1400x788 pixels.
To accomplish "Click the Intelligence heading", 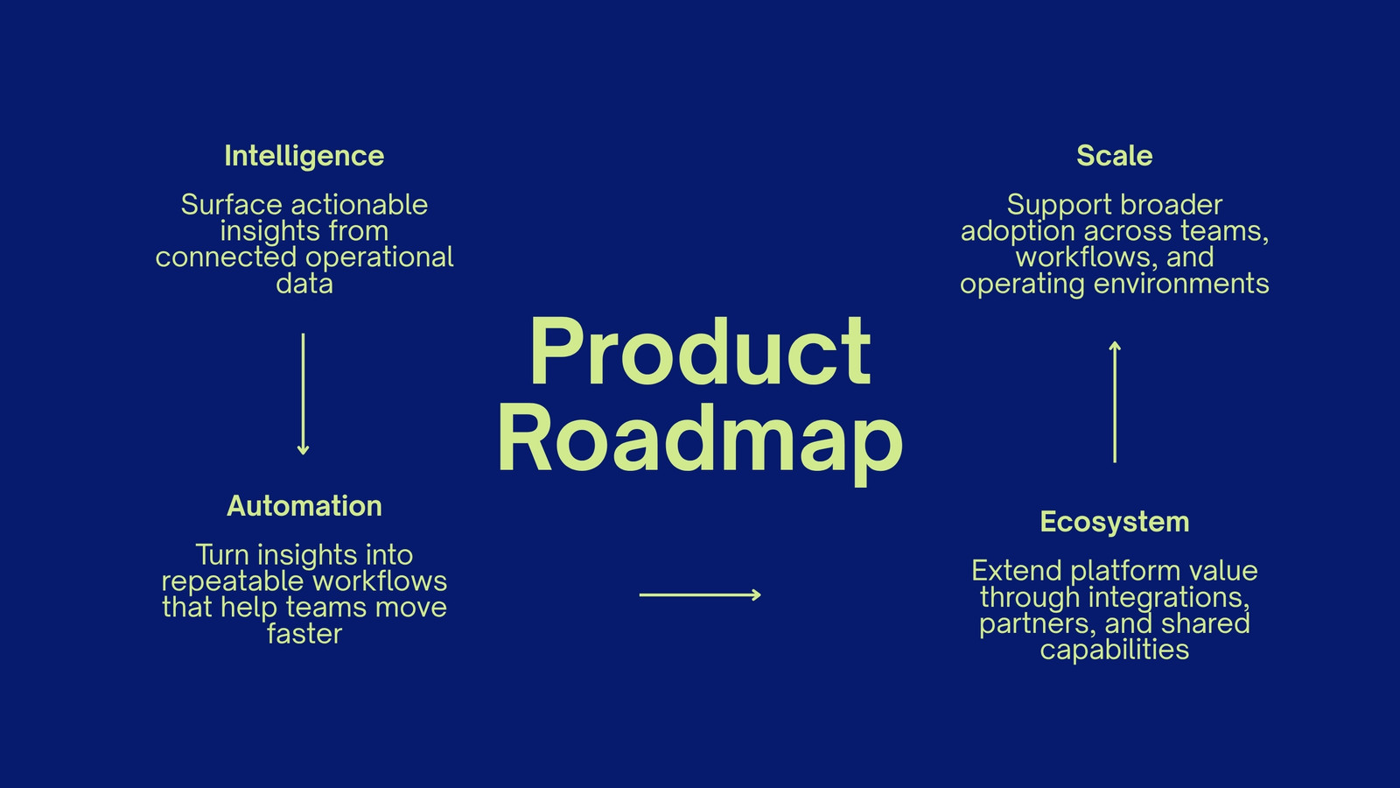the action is (x=304, y=157).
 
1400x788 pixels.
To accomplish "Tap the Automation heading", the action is (x=304, y=506).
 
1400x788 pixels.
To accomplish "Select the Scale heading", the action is (x=1115, y=156).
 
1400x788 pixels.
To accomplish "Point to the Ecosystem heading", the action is (x=1115, y=522).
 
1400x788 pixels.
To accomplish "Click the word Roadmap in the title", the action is (x=700, y=441).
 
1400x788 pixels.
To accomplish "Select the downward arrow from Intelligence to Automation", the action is (x=303, y=394).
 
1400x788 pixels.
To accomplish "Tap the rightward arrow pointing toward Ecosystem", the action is (x=700, y=595).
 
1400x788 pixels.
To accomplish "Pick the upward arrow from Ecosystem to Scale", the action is (x=1115, y=402).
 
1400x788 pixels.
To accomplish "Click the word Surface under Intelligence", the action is (x=232, y=205).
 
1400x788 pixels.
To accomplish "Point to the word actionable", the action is (x=360, y=205).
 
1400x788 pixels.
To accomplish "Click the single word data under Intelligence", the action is (x=304, y=284).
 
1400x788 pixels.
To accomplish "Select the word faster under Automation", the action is (x=304, y=634).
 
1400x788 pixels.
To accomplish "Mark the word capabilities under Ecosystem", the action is (x=1115, y=651).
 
